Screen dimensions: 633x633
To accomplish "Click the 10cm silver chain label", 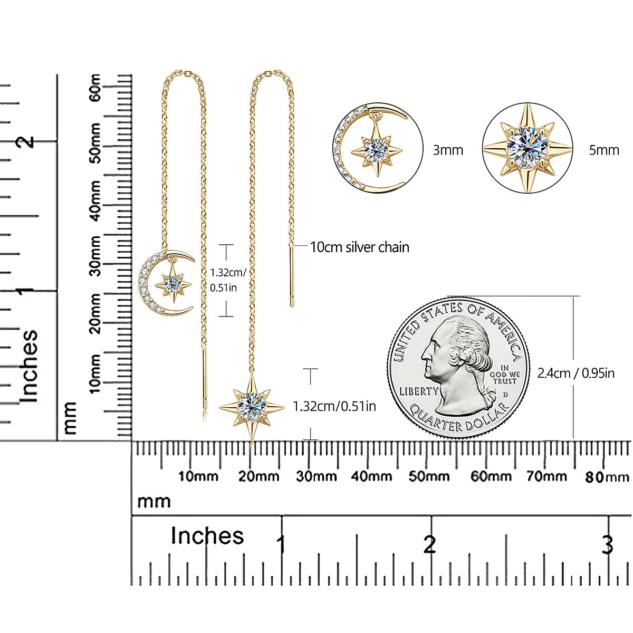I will (360, 247).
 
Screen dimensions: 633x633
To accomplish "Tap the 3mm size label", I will (448, 150).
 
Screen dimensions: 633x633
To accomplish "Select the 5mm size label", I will (604, 150).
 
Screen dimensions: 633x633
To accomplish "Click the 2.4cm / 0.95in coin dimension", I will (576, 373).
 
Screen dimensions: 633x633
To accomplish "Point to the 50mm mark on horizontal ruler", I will (429, 476).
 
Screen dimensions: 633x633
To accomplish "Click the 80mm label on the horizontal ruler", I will (607, 477).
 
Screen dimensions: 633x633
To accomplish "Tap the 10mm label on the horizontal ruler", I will (198, 476).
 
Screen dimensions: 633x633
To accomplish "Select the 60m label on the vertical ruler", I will (95, 88).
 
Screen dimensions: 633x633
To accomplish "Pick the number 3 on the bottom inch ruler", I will (608, 544).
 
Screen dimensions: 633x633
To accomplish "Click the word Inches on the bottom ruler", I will (207, 536).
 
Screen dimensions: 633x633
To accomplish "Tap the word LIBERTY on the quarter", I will (419, 391).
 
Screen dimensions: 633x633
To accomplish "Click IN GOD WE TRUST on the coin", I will (505, 375).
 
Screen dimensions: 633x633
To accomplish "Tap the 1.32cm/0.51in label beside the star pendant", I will (334, 406).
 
